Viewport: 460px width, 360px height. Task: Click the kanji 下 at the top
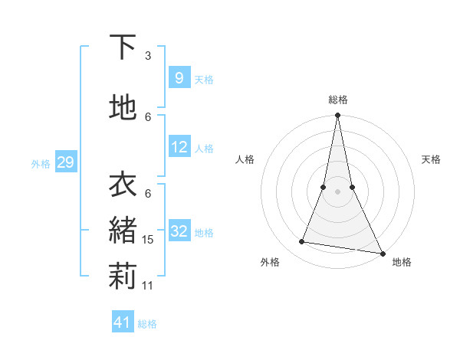click(123, 47)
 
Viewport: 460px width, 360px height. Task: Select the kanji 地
click(123, 107)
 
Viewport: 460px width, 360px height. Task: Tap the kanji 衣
click(123, 185)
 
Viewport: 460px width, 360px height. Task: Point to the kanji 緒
click(123, 229)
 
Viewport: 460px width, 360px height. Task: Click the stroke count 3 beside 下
click(148, 56)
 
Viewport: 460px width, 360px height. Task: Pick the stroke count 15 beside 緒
click(149, 240)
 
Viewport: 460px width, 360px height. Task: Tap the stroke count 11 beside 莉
click(149, 285)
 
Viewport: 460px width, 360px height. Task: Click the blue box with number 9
click(178, 77)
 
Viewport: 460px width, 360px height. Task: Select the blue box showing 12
click(179, 147)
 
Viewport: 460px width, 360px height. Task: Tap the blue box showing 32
click(179, 231)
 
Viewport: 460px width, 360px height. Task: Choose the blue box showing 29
click(64, 162)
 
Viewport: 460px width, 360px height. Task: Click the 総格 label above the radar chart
click(337, 100)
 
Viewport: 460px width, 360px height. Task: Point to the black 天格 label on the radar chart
click(431, 159)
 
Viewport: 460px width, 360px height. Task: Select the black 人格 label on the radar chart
click(245, 159)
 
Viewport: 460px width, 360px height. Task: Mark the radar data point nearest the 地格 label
click(382, 253)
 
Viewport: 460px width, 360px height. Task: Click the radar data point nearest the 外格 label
click(302, 242)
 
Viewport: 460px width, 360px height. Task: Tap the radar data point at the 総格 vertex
click(337, 116)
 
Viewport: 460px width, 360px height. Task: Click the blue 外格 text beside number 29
click(40, 163)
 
